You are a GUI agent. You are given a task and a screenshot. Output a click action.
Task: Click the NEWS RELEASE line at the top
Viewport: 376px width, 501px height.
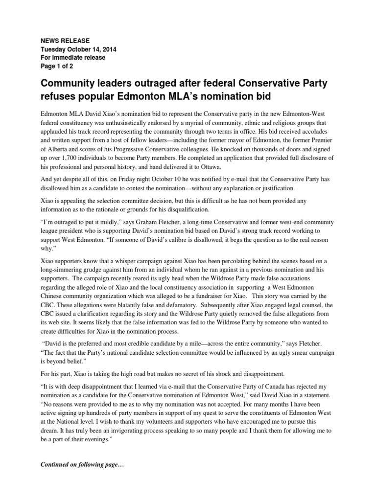tap(65, 41)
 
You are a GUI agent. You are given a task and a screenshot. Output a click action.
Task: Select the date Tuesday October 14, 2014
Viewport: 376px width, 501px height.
tap(79, 49)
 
